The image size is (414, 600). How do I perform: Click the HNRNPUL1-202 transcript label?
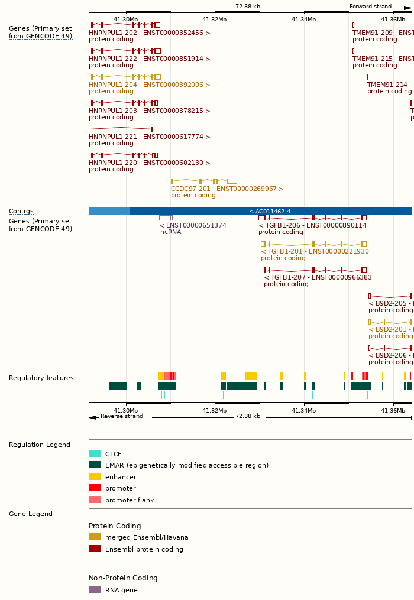[x=149, y=33]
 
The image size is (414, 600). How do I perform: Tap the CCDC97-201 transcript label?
[x=227, y=189]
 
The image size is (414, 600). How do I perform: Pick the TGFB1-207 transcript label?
[x=318, y=278]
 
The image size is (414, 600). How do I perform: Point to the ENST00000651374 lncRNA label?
[x=193, y=226]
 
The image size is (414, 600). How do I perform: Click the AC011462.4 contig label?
[x=270, y=212]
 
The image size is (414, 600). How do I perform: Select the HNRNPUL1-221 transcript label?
[x=149, y=137]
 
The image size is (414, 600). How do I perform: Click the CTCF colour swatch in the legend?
[x=95, y=454]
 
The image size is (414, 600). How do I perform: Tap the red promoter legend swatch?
[x=95, y=488]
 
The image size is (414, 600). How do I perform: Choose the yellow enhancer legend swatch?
[x=95, y=477]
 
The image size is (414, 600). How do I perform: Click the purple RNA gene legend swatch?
[x=95, y=589]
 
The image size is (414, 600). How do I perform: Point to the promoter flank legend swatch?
[x=95, y=500]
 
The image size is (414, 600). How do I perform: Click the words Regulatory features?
[x=41, y=378]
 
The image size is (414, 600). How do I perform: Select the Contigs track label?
[x=21, y=212]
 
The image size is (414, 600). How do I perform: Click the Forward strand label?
[x=370, y=7]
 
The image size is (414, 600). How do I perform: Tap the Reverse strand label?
[x=122, y=416]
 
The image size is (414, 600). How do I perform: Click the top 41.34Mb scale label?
[x=303, y=20]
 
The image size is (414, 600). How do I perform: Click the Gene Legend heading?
[x=31, y=514]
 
